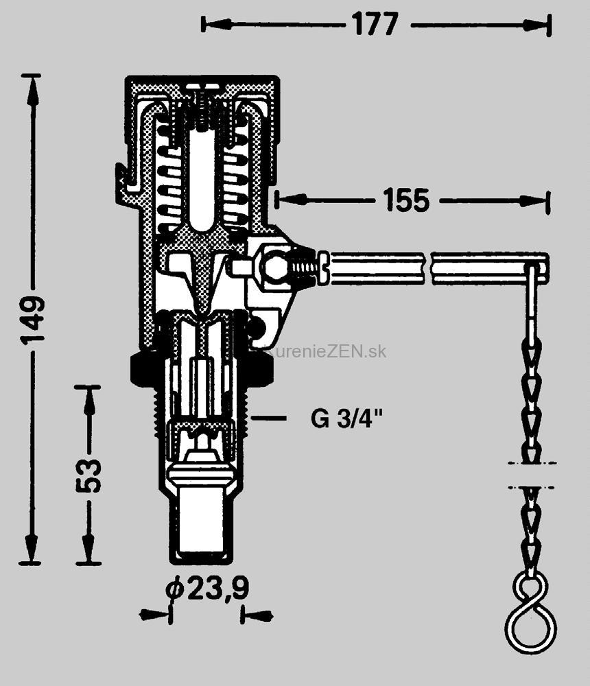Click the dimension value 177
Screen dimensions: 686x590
[x=375, y=24]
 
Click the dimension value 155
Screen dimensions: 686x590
[x=405, y=200]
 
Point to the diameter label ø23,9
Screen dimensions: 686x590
[x=206, y=589]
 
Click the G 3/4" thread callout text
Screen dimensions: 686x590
[x=346, y=418]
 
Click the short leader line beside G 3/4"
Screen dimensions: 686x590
[x=268, y=418]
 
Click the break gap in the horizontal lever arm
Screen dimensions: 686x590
[x=425, y=268]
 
